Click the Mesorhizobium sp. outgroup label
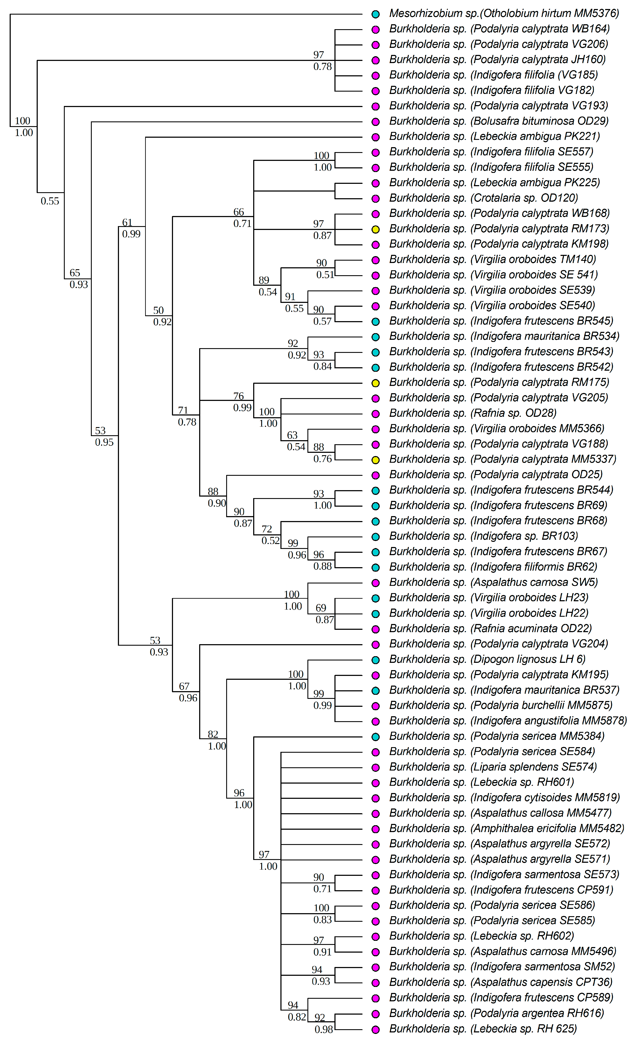(504, 14)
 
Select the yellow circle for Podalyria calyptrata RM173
(376, 229)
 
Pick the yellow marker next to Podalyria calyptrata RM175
(376, 383)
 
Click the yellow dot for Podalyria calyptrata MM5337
(376, 460)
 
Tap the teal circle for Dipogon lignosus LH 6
(376, 660)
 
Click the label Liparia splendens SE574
(493, 767)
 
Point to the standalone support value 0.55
(50, 201)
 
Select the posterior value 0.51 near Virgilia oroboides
(325, 275)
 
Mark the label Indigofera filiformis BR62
(493, 567)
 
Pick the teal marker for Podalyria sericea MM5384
(376, 737)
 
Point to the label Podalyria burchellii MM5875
(500, 705)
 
